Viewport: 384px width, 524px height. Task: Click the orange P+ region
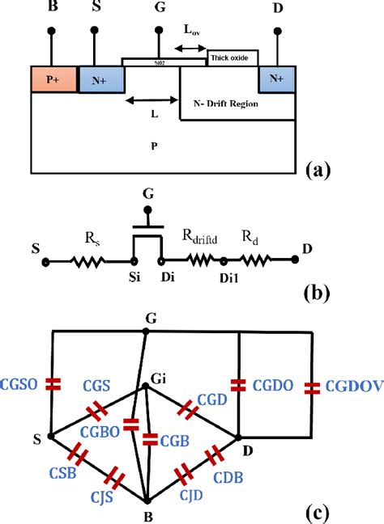coord(53,78)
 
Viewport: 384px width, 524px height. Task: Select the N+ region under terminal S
coord(102,79)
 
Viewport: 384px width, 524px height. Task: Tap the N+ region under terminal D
coord(276,79)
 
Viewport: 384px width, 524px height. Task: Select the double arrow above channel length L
coord(152,100)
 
